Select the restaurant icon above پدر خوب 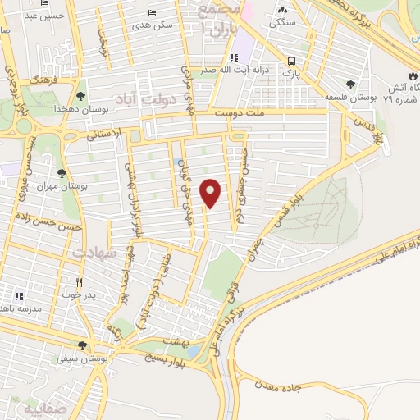click(x=79, y=281)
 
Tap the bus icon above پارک click(x=292, y=60)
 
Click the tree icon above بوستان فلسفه click(x=351, y=84)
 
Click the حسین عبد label click(x=32, y=15)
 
